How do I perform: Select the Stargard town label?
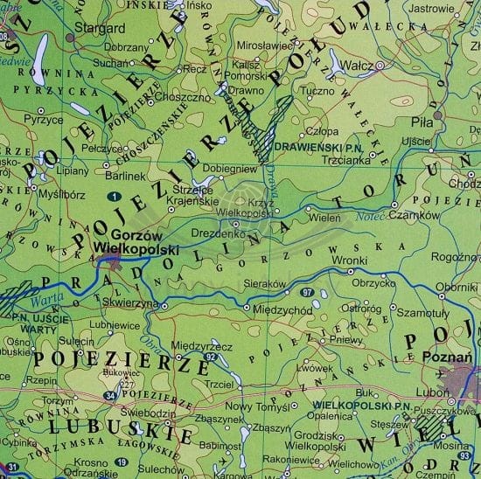tap(96, 28)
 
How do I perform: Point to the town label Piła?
tap(424, 124)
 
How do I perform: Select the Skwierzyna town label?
tap(134, 302)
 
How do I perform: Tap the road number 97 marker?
tap(307, 290)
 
